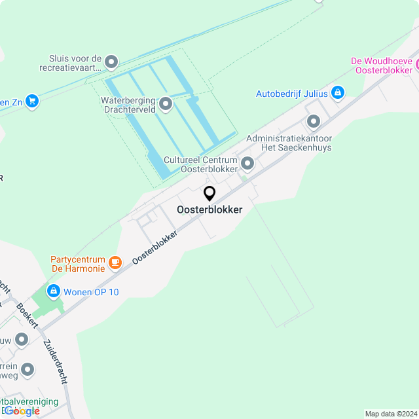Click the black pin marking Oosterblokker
click(209, 194)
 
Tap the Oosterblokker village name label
click(209, 210)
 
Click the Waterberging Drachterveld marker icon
click(166, 103)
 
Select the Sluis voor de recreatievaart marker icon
click(111, 62)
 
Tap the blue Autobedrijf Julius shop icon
click(337, 93)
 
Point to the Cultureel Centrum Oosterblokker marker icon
click(247, 163)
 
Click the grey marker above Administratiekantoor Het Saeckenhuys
click(314, 121)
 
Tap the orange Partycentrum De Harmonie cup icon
click(115, 263)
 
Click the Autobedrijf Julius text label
click(292, 94)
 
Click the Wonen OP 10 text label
click(91, 292)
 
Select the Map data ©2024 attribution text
click(390, 414)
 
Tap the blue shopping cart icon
click(32, 101)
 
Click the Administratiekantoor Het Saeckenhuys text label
click(289, 143)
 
